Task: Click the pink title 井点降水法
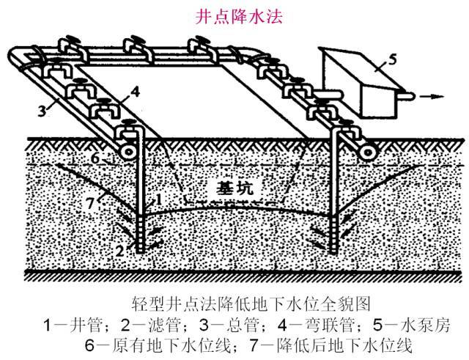[x=239, y=18]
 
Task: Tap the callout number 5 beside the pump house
[x=392, y=59]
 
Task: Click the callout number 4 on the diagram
[x=135, y=92]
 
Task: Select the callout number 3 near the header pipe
[x=43, y=111]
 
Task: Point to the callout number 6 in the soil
[x=95, y=158]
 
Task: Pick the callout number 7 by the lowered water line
[x=90, y=204]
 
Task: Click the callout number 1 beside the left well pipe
[x=159, y=199]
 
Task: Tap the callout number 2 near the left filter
[x=120, y=251]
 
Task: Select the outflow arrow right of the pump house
[x=431, y=96]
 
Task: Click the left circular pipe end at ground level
[x=129, y=152]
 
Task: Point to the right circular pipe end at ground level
[x=368, y=153]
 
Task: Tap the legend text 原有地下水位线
[x=173, y=345]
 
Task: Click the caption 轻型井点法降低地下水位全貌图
[x=251, y=304]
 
